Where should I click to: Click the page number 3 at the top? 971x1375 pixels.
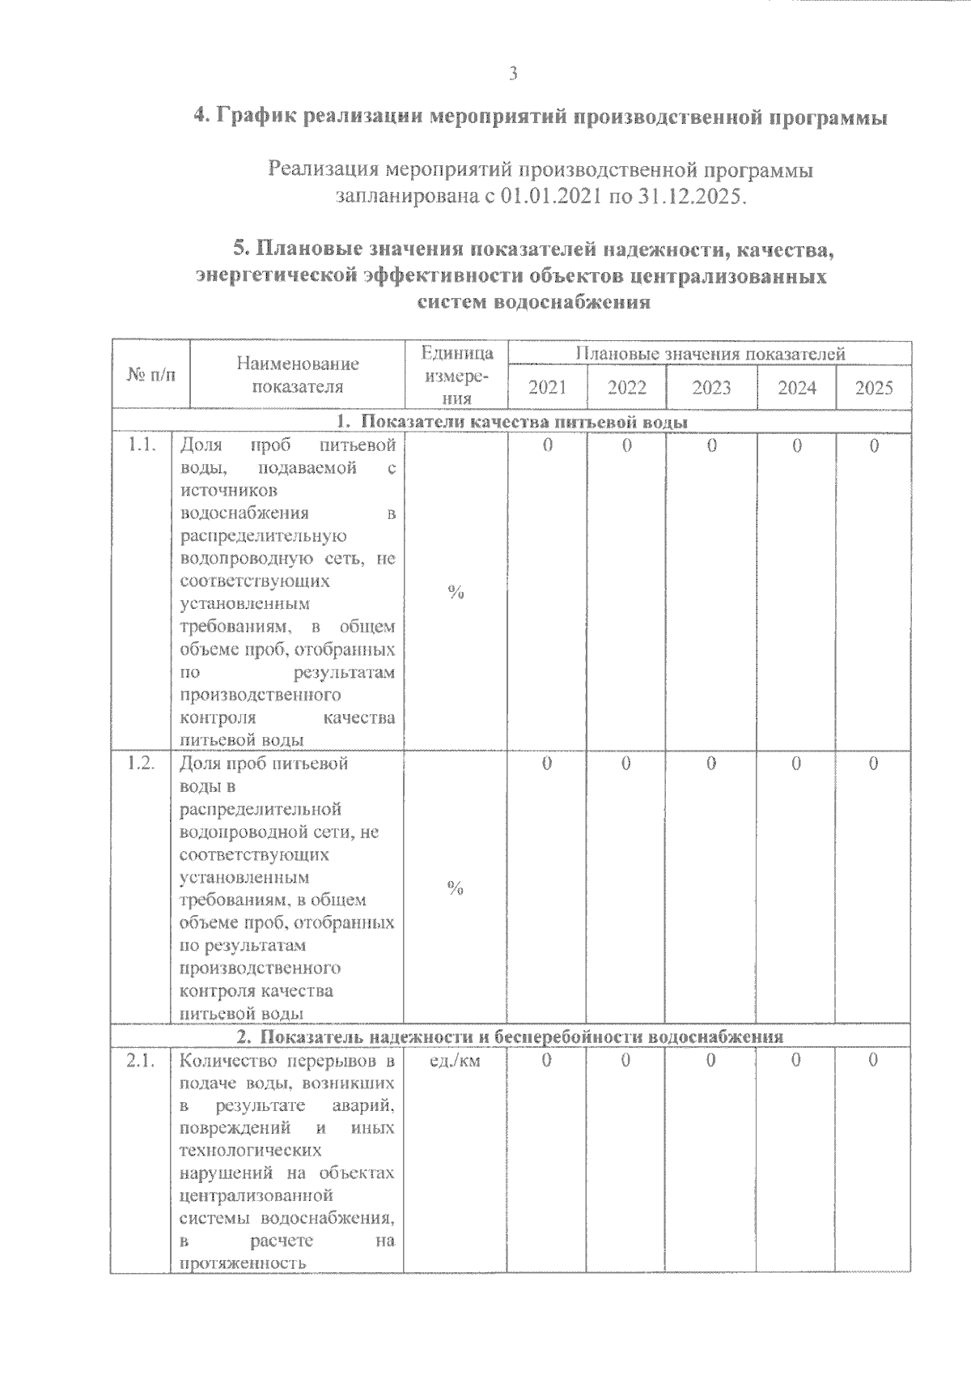point(513,74)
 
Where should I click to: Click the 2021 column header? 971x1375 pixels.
point(547,388)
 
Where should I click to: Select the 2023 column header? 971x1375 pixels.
point(711,388)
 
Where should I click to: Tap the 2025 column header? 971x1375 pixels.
point(874,388)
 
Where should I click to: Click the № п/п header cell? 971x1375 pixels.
point(151,375)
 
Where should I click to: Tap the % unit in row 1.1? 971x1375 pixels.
point(456,593)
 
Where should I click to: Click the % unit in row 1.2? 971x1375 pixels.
point(456,889)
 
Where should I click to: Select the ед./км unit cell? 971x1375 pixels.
point(455,1061)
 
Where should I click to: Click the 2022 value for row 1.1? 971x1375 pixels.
point(627,445)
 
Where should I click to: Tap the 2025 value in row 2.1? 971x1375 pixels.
point(874,1061)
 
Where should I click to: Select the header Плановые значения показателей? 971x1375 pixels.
point(710,354)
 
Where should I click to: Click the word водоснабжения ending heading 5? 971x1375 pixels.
point(573,304)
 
